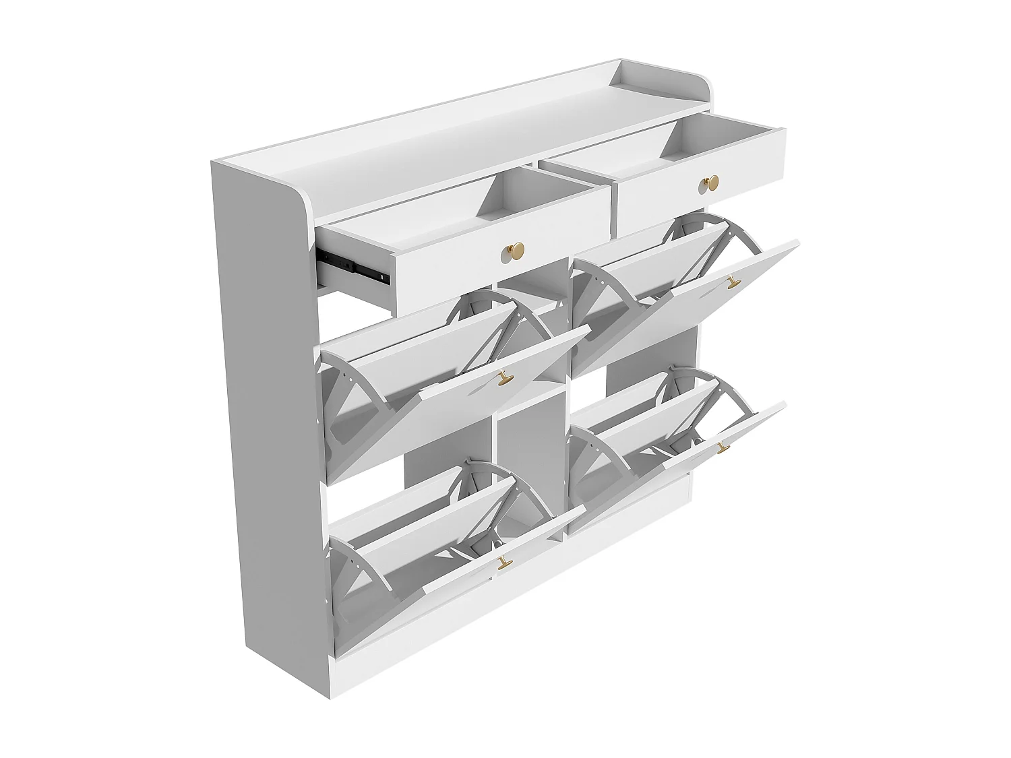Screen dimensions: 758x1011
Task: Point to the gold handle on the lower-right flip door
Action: (723, 447)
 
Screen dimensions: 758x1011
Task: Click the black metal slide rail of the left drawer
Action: (354, 266)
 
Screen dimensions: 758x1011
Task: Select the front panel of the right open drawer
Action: (674, 195)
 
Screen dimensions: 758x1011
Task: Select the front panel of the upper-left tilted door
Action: (458, 404)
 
